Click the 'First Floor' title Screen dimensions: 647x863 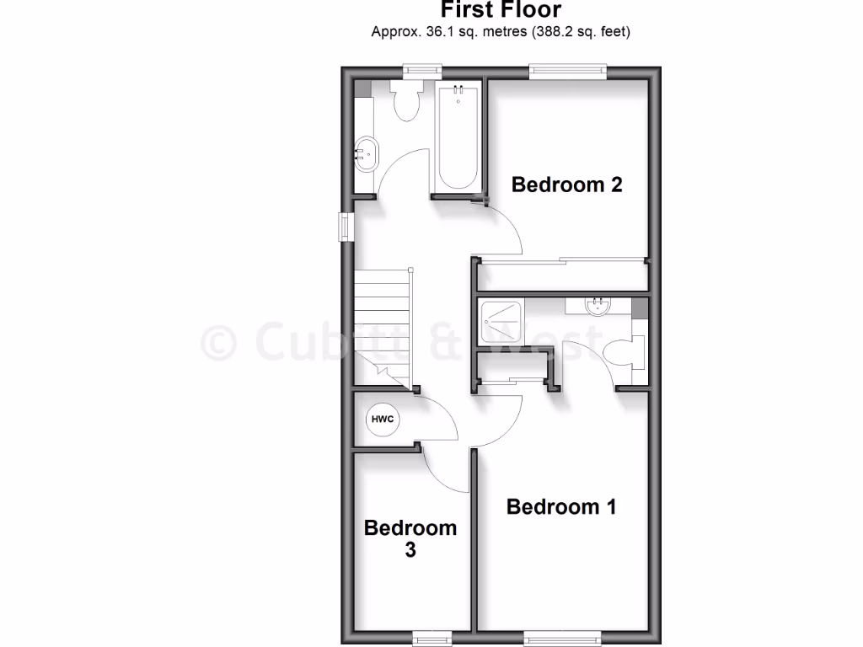(501, 10)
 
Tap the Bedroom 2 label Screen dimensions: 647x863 (566, 184)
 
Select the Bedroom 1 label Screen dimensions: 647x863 (560, 507)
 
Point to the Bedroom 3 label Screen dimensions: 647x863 (410, 538)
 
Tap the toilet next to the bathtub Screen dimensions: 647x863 (407, 101)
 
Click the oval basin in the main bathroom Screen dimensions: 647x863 (366, 153)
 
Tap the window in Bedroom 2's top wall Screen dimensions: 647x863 (568, 72)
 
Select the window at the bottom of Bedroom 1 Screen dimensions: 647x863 (562, 636)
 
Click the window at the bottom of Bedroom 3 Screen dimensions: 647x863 (436, 636)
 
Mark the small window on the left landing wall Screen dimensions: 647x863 (346, 227)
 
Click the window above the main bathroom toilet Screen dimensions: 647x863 (421, 72)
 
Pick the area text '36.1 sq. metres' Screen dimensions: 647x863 (457, 32)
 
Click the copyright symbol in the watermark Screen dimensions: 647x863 (219, 343)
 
